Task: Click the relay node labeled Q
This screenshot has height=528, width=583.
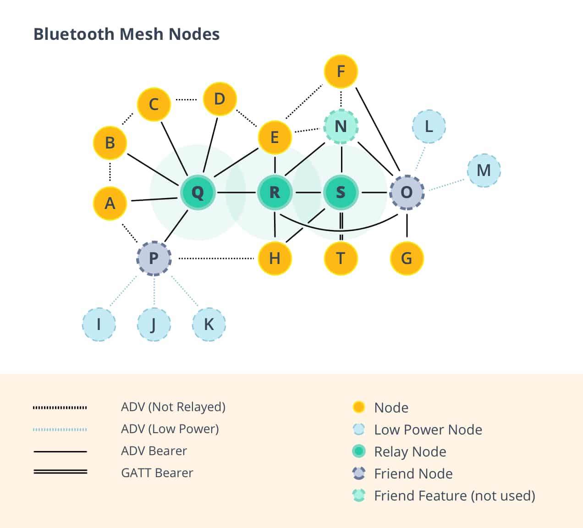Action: pyautogui.click(x=198, y=192)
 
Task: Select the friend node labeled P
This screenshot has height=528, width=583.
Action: pyautogui.click(x=154, y=258)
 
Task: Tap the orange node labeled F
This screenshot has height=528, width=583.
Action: pyautogui.click(x=341, y=71)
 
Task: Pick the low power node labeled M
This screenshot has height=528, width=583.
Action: pyautogui.click(x=484, y=170)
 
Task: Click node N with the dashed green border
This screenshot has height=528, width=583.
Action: pyautogui.click(x=341, y=126)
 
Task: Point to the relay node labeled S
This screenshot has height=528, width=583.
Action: pyautogui.click(x=341, y=192)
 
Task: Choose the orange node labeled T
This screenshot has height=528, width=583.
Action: pyautogui.click(x=341, y=258)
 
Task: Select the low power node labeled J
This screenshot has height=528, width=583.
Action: pyautogui.click(x=154, y=324)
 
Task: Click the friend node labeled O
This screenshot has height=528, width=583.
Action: pyautogui.click(x=407, y=192)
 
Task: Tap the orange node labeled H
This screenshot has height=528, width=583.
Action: pyautogui.click(x=275, y=258)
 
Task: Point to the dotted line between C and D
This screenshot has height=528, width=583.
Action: pyautogui.click(x=187, y=99)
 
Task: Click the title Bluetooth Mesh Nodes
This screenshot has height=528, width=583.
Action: pyautogui.click(x=126, y=34)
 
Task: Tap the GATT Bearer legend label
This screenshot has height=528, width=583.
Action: pyautogui.click(x=157, y=473)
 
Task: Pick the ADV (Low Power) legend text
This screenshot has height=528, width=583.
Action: pyautogui.click(x=170, y=429)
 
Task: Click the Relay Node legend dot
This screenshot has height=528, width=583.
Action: pyautogui.click(x=359, y=451)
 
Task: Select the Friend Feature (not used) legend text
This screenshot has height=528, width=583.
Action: pyautogui.click(x=454, y=495)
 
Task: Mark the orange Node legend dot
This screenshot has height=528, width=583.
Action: pyautogui.click(x=359, y=407)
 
